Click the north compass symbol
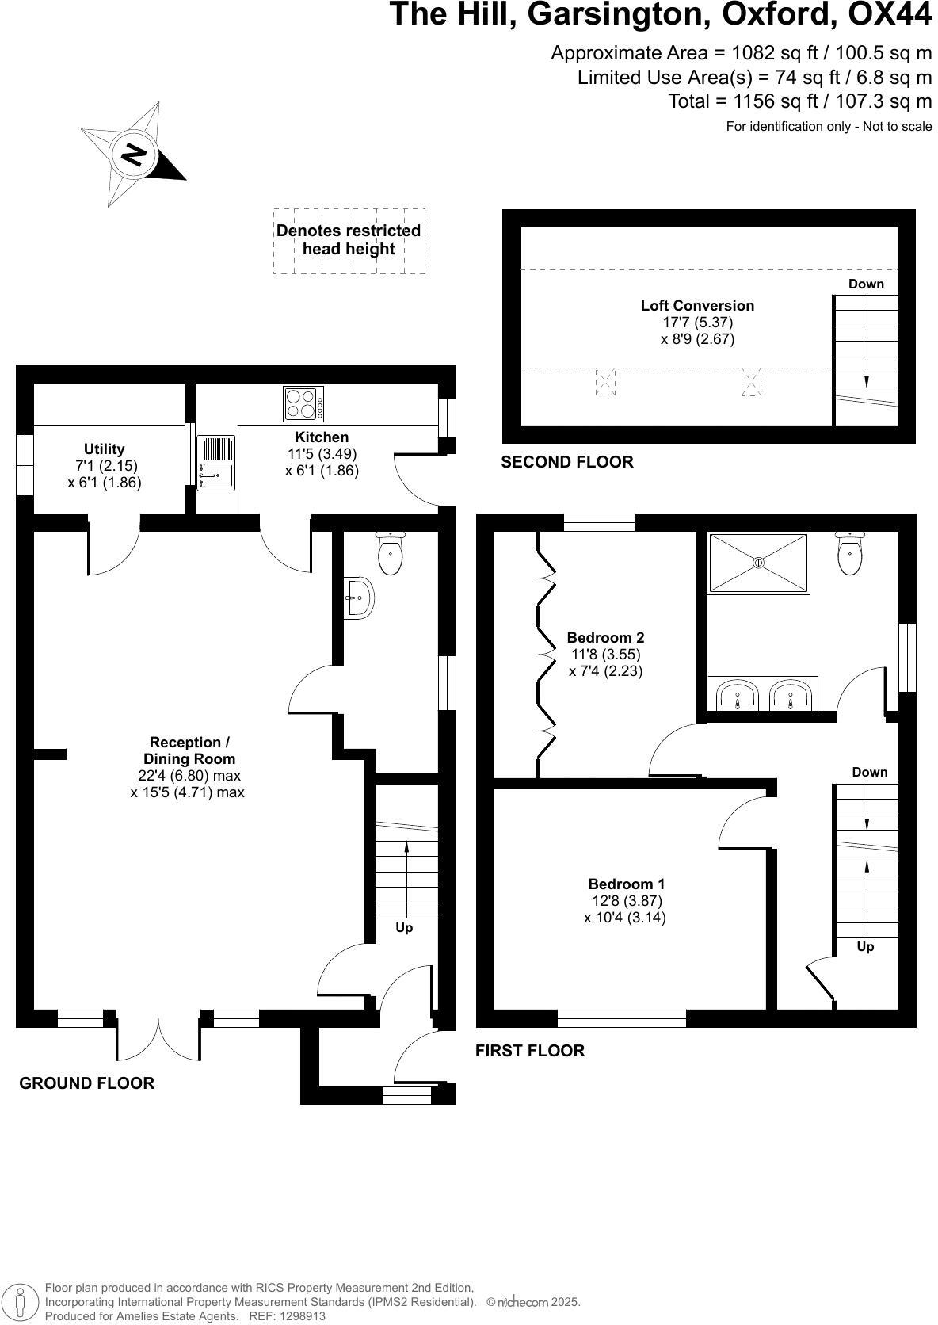[132, 155]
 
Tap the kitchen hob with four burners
[303, 404]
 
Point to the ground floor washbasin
[359, 597]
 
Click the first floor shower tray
[759, 562]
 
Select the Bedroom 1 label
[626, 884]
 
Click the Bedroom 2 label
[605, 637]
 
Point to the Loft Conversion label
[697, 305]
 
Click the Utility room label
[105, 449]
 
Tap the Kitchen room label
[322, 437]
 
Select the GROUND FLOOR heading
[86, 1083]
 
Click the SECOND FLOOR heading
[566, 461]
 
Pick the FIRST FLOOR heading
[529, 1050]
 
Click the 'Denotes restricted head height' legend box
[349, 240]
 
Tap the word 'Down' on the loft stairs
[866, 284]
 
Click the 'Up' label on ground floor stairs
[404, 927]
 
